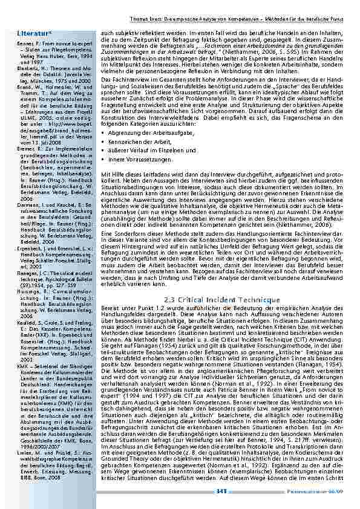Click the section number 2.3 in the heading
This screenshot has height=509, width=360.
171,300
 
